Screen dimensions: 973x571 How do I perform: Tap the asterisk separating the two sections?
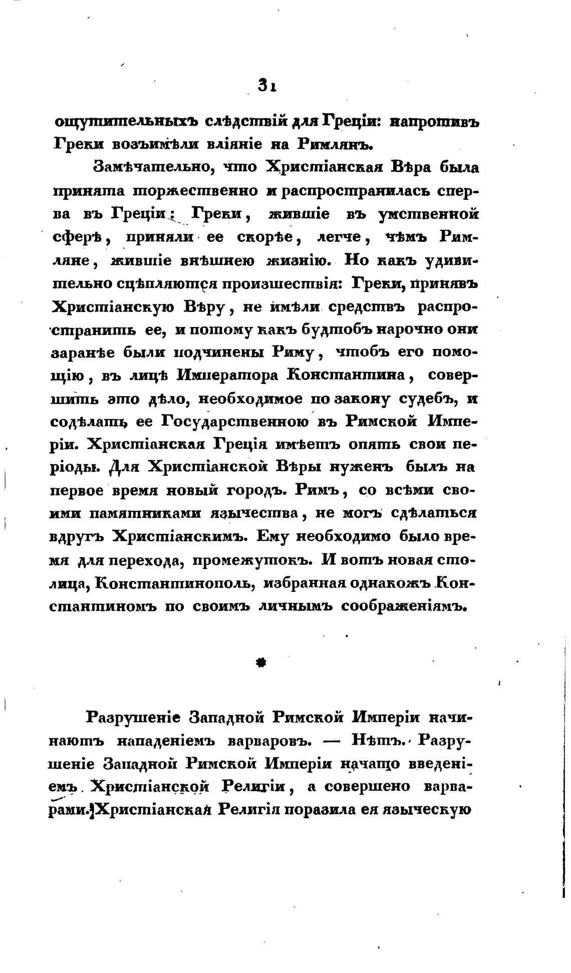(x=260, y=663)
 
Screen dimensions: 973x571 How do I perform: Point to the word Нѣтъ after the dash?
(x=381, y=740)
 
